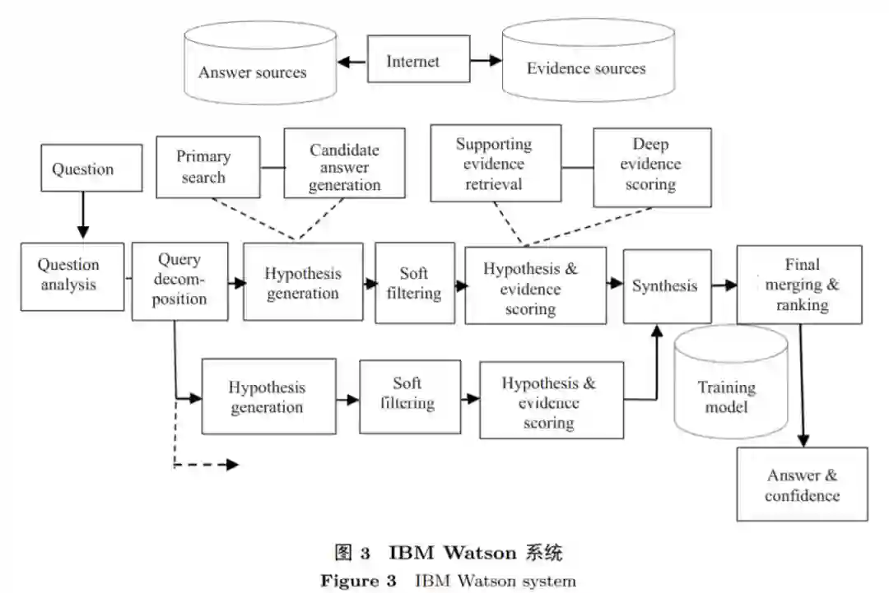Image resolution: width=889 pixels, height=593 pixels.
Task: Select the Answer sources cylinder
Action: pyautogui.click(x=253, y=66)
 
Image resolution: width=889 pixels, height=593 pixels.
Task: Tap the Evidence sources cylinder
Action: pyautogui.click(x=587, y=63)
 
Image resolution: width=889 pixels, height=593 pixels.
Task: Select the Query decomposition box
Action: pyautogui.click(x=179, y=280)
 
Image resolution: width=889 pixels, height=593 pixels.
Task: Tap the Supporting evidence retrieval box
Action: pyautogui.click(x=494, y=164)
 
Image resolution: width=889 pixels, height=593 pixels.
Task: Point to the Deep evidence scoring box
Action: pyautogui.click(x=651, y=167)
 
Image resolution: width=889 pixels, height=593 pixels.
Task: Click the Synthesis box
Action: pyautogui.click(x=666, y=285)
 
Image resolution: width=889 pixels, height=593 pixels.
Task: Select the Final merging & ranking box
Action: pyautogui.click(x=798, y=284)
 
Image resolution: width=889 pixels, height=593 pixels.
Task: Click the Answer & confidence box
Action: pyautogui.click(x=802, y=484)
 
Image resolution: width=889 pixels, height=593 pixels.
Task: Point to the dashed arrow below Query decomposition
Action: pyautogui.click(x=206, y=465)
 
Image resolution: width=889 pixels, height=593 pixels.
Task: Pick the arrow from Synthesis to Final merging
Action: pyautogui.click(x=724, y=285)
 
